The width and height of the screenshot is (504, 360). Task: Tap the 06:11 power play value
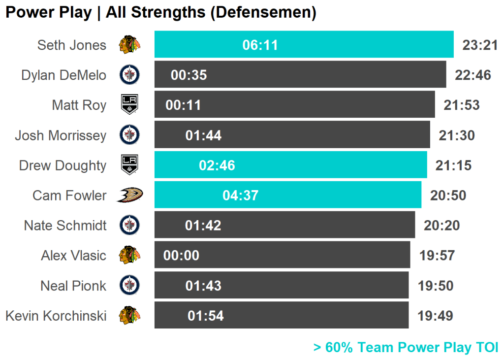point(260,45)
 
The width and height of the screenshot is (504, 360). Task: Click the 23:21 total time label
point(480,45)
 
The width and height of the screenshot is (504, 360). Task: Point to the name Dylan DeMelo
point(63,75)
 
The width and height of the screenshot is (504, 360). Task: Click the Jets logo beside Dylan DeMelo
point(129,75)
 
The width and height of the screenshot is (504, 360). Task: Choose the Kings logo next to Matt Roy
point(129,105)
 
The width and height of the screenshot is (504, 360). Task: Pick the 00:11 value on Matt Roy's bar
point(183,105)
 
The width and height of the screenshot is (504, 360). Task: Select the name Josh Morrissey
point(60,135)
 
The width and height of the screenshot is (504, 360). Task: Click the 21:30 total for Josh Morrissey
point(457,135)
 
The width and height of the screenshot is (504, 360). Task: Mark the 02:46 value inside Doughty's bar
point(217,165)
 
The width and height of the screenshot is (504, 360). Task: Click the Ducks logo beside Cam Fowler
point(129,195)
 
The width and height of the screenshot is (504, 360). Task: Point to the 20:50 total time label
point(448,196)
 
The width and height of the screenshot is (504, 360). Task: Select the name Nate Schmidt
point(65,226)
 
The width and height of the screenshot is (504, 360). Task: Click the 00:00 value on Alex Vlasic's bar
point(181,256)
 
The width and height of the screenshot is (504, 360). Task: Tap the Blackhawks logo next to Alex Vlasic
point(129,255)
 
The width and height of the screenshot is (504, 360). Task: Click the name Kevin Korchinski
point(56,316)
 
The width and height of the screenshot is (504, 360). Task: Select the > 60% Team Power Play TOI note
point(406,347)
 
